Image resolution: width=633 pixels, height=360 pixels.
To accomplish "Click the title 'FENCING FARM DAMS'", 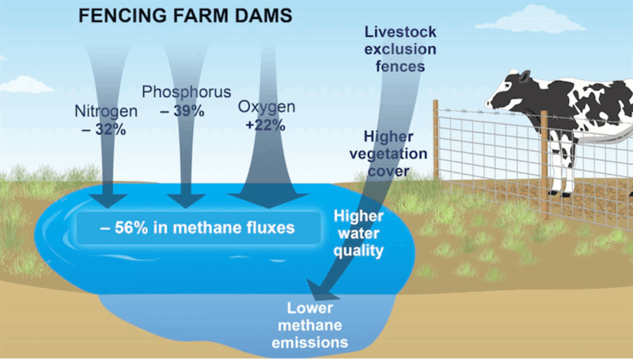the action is (185, 16).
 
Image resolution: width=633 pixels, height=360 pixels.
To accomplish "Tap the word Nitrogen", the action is (106, 111).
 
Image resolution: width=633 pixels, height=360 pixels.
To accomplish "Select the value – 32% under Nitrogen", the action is (104, 130).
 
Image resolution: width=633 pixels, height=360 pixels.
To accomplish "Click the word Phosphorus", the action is (186, 92).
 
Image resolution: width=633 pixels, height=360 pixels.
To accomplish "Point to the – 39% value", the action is (182, 111).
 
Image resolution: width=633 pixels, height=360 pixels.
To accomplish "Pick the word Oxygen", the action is (267, 106).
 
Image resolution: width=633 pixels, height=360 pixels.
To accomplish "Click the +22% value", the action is (265, 125).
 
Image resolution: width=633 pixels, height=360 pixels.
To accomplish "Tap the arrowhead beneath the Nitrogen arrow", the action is (108, 200).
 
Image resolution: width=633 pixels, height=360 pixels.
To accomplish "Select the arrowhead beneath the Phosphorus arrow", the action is (186, 200).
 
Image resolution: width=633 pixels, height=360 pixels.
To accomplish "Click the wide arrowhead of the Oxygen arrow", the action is (268, 200).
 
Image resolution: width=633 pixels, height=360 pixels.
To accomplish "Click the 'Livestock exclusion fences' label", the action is (400, 49).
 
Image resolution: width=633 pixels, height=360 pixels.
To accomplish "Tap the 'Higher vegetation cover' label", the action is (388, 154).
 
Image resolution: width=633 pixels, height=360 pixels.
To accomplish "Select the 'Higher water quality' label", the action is (359, 233).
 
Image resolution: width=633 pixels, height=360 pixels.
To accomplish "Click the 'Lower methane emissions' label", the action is (310, 325).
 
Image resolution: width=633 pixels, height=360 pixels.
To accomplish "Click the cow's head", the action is (509, 92).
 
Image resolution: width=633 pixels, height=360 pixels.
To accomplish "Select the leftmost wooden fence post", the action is (436, 139).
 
